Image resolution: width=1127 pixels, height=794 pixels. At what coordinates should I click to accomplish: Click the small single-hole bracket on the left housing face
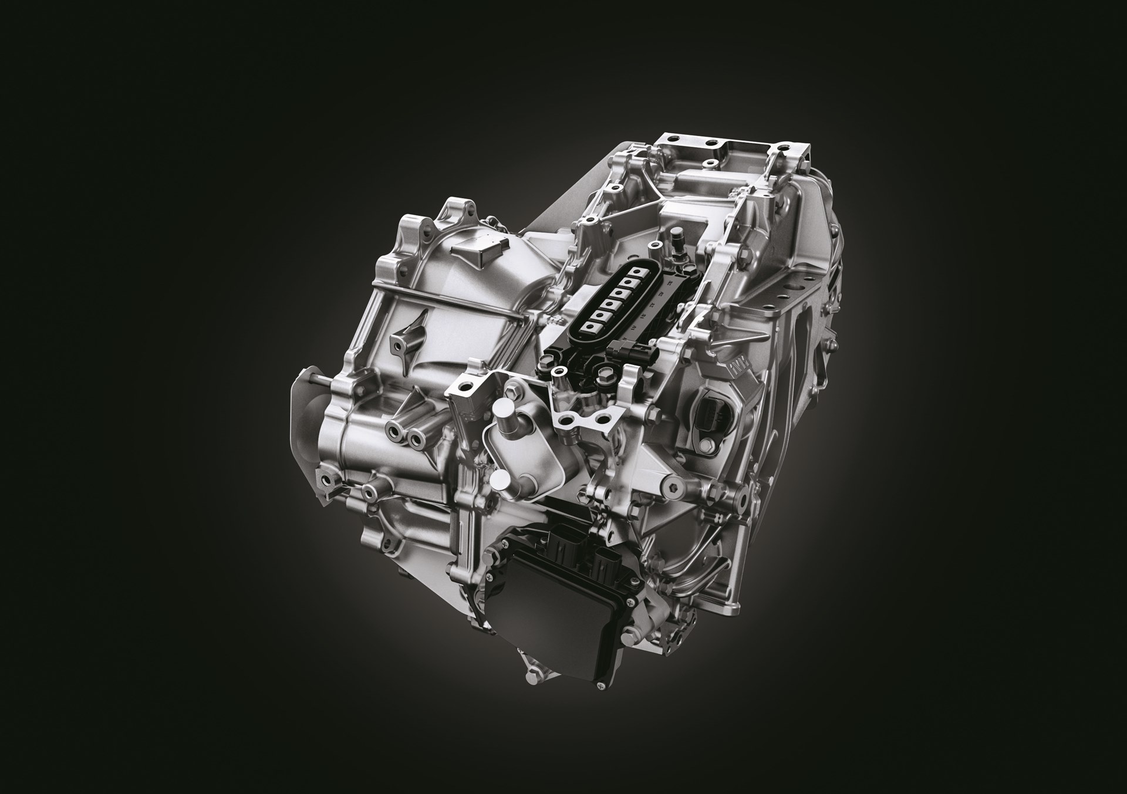403,341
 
